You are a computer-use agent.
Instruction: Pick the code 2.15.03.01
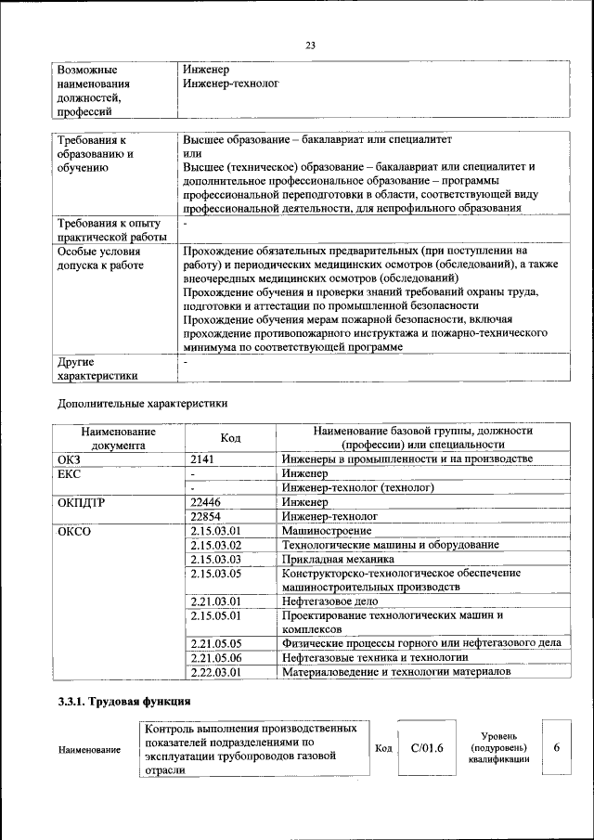(x=215, y=530)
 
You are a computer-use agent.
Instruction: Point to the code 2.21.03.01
(x=215, y=601)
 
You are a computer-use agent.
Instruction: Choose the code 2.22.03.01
(x=215, y=671)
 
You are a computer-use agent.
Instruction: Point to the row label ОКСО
(x=74, y=530)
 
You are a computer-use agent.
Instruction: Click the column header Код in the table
(x=231, y=438)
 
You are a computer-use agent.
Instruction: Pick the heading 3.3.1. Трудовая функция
(x=124, y=702)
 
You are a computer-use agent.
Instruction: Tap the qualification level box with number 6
(x=556, y=747)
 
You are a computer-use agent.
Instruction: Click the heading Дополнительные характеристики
(x=142, y=404)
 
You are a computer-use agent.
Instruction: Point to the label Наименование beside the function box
(x=89, y=750)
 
